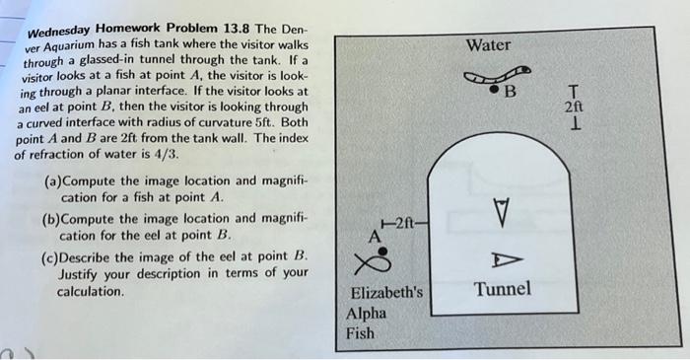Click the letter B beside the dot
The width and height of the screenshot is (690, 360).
click(510, 94)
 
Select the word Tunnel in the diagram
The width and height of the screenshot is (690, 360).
click(503, 289)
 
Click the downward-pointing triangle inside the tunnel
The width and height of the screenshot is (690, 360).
click(503, 210)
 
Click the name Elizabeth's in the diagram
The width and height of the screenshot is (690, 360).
click(386, 293)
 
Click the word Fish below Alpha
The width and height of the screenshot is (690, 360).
click(362, 333)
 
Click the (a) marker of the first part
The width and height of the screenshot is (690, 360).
click(55, 181)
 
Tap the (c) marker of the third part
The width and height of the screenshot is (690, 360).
click(55, 256)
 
